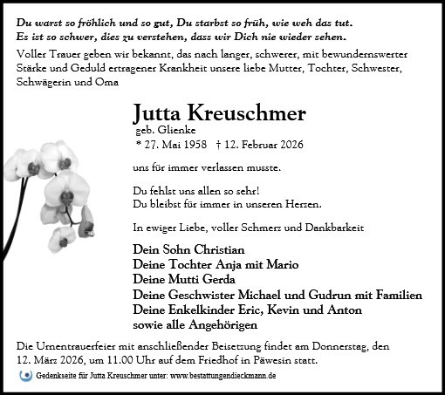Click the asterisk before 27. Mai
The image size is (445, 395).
138,144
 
